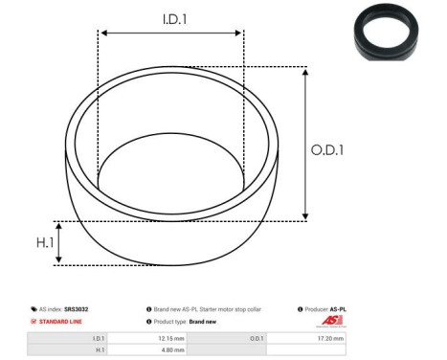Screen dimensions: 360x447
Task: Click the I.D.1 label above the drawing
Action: click(170, 18)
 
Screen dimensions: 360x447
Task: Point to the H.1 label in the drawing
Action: click(44, 243)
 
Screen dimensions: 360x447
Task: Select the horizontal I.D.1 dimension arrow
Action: click(170, 34)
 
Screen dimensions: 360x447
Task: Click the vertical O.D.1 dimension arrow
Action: click(304, 144)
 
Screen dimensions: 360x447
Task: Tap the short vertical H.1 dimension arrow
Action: click(59, 242)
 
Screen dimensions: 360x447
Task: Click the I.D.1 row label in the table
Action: click(98, 338)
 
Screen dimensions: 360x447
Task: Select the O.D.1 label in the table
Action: click(257, 338)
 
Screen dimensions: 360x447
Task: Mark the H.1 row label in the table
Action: click(99, 350)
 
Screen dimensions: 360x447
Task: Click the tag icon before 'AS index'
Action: click(34, 309)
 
